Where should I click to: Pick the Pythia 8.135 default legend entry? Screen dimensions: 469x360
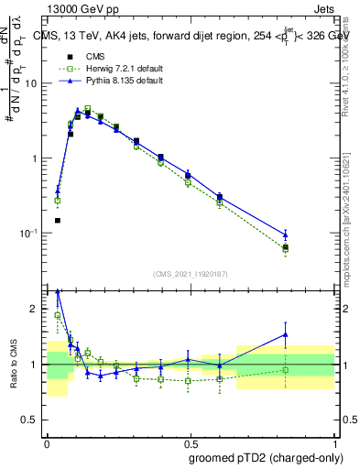click(113, 81)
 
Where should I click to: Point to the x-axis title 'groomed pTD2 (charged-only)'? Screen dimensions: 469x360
click(262, 457)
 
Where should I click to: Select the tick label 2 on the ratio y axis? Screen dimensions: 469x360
click(35, 309)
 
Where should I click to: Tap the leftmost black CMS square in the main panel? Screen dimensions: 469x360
click(58, 220)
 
